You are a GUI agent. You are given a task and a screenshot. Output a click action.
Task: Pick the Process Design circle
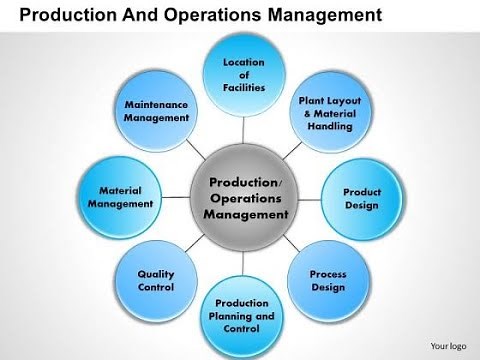click(327, 280)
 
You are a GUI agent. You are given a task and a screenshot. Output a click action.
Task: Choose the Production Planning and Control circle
click(244, 316)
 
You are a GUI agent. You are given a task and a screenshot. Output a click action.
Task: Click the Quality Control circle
click(156, 280)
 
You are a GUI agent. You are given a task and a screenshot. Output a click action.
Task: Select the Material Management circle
click(121, 196)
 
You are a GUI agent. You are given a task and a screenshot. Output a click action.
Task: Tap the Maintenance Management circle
click(156, 111)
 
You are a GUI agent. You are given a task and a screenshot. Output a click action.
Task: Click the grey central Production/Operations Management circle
click(244, 198)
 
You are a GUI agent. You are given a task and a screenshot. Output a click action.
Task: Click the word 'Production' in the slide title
click(59, 15)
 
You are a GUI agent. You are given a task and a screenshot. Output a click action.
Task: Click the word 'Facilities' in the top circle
click(244, 87)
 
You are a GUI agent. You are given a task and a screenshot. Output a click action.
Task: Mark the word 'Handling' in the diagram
click(328, 127)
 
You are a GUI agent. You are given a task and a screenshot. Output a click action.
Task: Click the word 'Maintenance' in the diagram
click(156, 103)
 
